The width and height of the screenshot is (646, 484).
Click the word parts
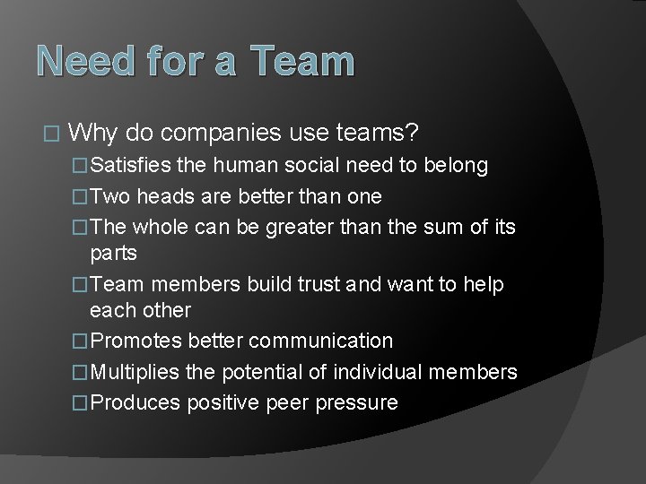pos(113,253)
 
